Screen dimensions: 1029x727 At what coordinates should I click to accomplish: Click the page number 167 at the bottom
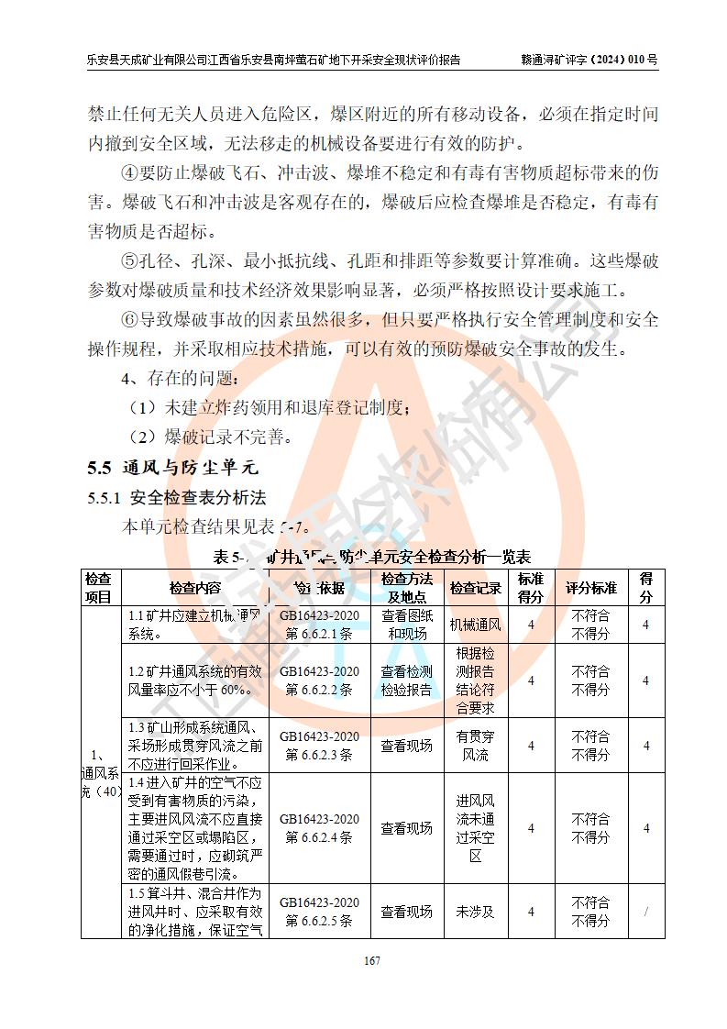coord(371,961)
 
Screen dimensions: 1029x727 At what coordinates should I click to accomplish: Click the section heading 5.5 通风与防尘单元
coord(176,468)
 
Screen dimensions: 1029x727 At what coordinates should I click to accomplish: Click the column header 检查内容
coord(194,588)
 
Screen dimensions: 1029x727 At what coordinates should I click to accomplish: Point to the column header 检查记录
coord(475,588)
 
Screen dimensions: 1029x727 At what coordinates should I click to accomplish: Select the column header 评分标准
coord(590,588)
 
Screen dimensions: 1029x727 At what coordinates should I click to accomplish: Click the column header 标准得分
coord(531,588)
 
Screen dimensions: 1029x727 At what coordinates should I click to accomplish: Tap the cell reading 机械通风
coord(475,625)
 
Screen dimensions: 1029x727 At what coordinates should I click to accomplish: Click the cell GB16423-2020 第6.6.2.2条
coord(319,680)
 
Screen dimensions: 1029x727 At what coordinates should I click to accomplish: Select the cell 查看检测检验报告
coord(406,680)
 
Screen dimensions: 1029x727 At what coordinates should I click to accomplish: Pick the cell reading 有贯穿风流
coord(475,746)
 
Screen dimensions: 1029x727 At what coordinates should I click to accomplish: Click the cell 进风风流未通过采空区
coord(475,828)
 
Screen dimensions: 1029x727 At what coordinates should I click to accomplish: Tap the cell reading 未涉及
coord(475,912)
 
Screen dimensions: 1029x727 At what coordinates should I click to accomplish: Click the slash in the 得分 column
coord(646,912)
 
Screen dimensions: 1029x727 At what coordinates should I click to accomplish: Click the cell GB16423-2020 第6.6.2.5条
coord(319,912)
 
